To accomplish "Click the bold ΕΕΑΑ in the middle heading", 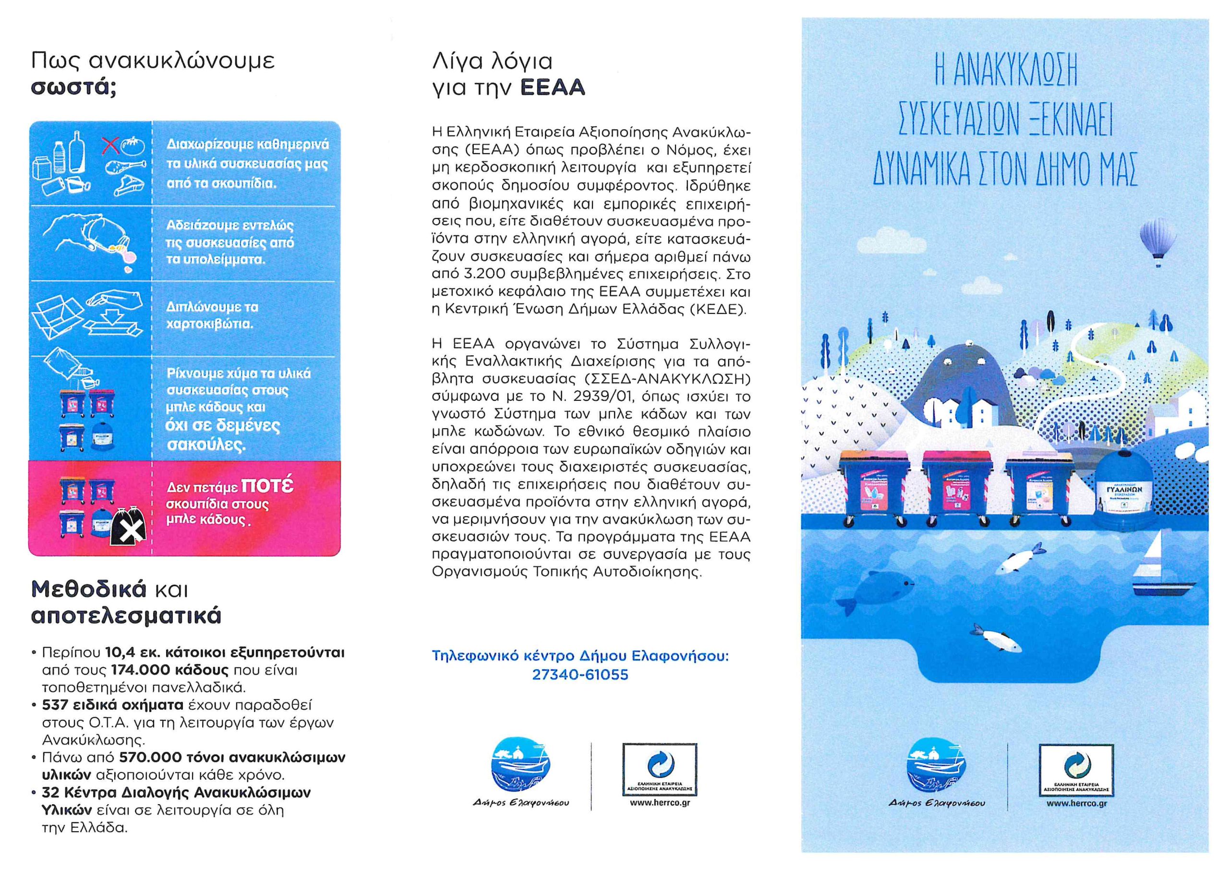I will (553, 88).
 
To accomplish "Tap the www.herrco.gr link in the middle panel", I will (660, 803).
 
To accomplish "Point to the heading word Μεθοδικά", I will (89, 589).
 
